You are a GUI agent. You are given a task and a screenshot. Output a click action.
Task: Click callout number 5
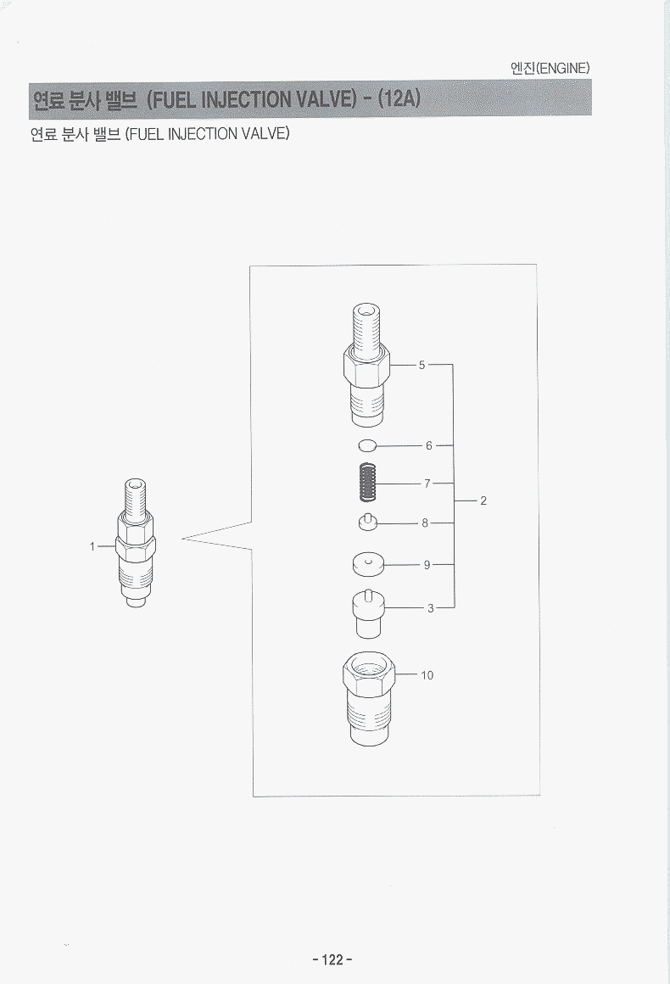(x=422, y=365)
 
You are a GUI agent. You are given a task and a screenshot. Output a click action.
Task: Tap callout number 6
(x=429, y=445)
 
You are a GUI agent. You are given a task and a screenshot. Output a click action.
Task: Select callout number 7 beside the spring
(x=427, y=484)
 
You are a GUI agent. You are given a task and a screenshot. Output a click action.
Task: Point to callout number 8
(x=425, y=523)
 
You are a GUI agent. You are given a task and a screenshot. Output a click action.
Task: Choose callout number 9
(x=427, y=565)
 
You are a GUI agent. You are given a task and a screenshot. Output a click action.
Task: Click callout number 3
(x=430, y=608)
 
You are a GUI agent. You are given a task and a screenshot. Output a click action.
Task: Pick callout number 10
(x=427, y=675)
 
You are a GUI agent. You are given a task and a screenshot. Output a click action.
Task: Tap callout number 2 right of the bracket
(x=483, y=500)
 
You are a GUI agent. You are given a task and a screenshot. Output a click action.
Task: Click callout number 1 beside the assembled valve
(x=92, y=546)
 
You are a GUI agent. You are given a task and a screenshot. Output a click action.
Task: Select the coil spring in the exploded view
(x=368, y=482)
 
